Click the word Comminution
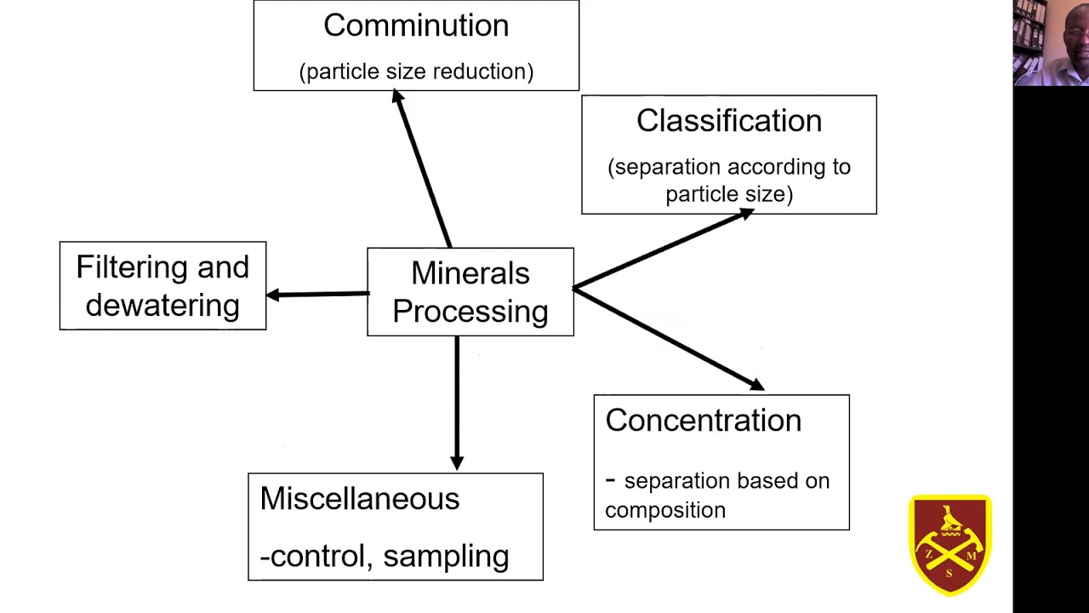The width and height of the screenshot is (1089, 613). (416, 26)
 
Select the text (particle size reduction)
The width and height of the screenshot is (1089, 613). (416, 72)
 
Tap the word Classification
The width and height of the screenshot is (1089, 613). (729, 121)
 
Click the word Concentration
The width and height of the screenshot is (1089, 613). (703, 421)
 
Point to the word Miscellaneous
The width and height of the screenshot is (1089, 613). (359, 499)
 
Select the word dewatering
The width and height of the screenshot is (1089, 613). (162, 306)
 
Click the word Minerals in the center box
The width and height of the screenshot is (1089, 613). (470, 273)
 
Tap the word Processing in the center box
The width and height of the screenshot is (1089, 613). (470, 312)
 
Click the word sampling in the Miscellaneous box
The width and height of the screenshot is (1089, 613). (446, 556)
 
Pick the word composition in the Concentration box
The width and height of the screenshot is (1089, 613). (665, 510)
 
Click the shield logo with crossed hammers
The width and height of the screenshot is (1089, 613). (949, 545)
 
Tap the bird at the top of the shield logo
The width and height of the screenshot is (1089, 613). (949, 517)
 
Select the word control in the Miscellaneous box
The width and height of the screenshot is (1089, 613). (316, 556)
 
